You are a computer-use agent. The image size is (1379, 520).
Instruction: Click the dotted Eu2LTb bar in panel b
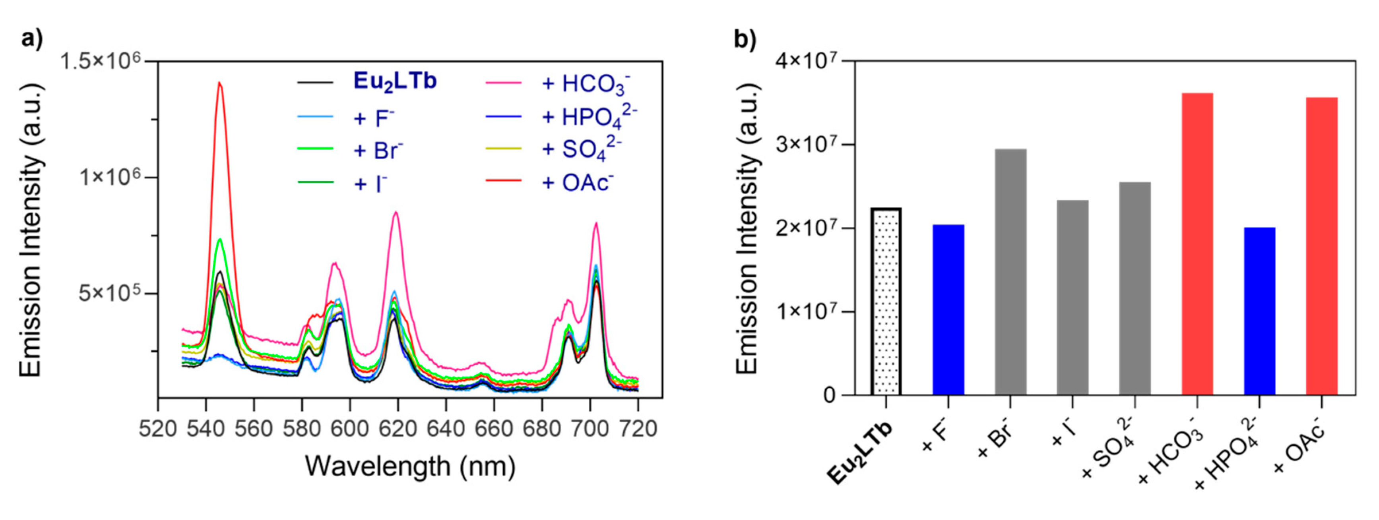(886, 302)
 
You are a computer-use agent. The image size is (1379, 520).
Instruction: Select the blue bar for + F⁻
(948, 310)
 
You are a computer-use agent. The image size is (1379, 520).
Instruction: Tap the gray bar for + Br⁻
(1010, 273)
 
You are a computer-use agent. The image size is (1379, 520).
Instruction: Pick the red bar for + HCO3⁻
(1197, 244)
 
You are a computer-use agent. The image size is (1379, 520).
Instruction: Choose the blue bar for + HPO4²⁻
(1260, 311)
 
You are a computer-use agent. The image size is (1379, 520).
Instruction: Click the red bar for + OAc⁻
(1322, 247)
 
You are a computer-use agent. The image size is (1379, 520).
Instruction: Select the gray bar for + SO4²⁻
(1135, 289)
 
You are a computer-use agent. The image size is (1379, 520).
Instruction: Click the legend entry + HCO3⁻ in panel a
(586, 84)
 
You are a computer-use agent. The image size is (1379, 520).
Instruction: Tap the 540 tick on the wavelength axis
(206, 429)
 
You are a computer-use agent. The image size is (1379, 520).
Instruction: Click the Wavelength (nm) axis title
(410, 466)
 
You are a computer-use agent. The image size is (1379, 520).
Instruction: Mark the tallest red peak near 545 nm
(219, 83)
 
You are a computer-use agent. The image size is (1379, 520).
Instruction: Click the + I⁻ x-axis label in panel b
(1063, 435)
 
